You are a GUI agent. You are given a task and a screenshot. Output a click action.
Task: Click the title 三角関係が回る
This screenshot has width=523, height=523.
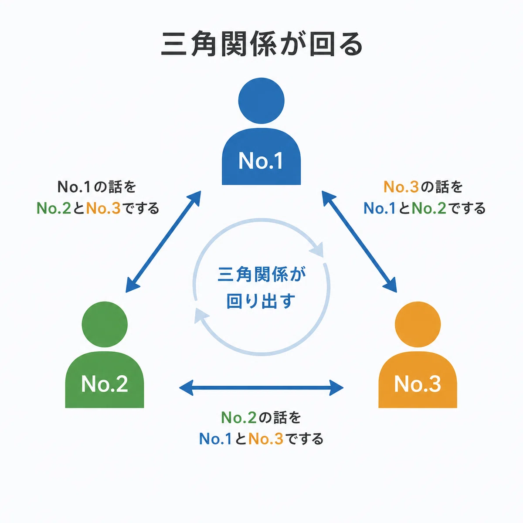coord(261,44)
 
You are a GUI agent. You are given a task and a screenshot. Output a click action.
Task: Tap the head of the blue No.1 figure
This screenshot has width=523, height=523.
coord(261,101)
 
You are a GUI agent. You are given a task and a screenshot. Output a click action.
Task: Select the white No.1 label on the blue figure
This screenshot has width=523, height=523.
coord(261,161)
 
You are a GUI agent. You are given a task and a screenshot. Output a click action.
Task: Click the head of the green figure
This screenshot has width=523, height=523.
coord(105,324)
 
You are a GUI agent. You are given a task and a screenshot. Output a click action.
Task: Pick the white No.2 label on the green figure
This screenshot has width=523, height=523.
coord(105,384)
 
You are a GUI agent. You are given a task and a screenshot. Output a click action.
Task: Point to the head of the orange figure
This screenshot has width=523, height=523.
coord(418,324)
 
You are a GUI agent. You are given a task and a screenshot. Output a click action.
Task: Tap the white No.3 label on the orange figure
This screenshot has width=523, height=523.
coord(418,384)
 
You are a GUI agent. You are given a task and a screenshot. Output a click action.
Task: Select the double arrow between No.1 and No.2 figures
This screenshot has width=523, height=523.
coord(163,241)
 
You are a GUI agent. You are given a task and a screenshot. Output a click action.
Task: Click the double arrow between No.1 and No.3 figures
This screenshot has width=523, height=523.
coord(359,241)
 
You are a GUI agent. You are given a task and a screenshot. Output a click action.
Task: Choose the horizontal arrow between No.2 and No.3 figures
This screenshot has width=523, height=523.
coord(261,387)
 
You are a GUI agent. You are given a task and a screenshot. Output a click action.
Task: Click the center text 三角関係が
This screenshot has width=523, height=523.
coord(261,275)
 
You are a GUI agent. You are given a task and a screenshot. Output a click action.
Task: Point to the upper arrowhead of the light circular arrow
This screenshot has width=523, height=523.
coord(317,250)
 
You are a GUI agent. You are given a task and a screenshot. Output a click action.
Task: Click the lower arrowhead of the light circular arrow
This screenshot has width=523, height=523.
coord(201,316)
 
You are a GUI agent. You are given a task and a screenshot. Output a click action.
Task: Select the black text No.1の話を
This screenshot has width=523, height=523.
coord(97,187)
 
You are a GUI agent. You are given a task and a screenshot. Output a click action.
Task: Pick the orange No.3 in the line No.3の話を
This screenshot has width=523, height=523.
coord(401,187)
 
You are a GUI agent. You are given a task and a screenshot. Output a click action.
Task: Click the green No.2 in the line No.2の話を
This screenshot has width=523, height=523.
coord(239,418)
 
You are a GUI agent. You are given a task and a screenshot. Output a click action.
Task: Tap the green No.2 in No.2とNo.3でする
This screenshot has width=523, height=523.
coord(54,208)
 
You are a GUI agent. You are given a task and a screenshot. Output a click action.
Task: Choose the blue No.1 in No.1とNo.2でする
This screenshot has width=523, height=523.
coord(380,208)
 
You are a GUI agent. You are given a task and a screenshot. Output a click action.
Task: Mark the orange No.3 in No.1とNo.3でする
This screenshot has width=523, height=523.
coord(266,439)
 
